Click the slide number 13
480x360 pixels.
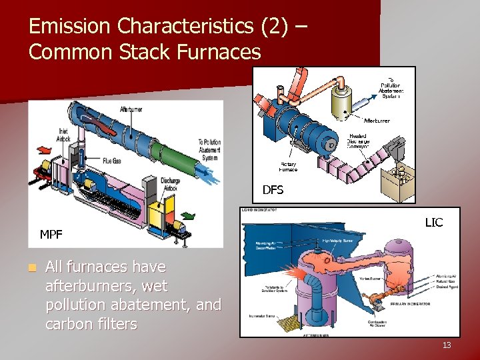[x=446, y=345]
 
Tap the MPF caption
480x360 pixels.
[x=51, y=235]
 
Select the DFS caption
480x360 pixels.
[x=273, y=190]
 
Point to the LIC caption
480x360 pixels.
[x=433, y=222]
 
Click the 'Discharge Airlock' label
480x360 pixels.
[x=170, y=183]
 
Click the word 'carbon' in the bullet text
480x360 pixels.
[x=68, y=325]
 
